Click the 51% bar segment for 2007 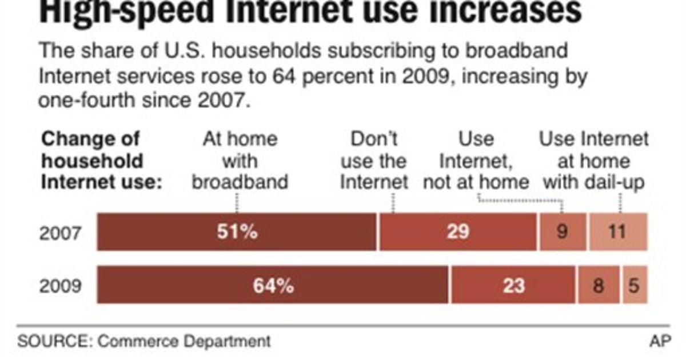[237, 232]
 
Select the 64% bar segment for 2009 [273, 285]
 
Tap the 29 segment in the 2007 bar [457, 232]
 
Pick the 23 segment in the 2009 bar [513, 285]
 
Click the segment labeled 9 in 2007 [563, 232]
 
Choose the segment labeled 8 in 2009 [599, 285]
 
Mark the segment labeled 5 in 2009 [635, 285]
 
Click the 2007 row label [60, 233]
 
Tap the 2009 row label [60, 285]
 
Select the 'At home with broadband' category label [240, 161]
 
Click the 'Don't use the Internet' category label [374, 161]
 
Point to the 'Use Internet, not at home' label [476, 161]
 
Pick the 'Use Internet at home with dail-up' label [595, 161]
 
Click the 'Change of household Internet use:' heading [102, 161]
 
